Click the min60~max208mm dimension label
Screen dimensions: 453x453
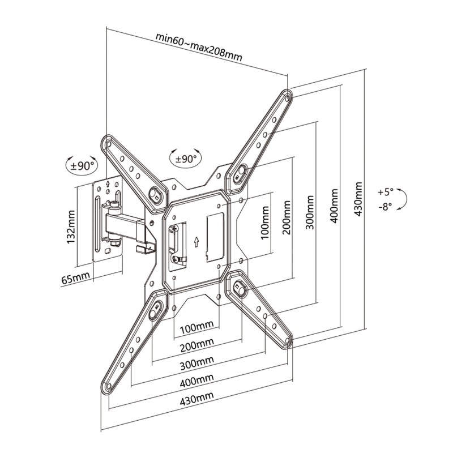tap(199, 47)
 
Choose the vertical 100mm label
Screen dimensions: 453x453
tap(264, 224)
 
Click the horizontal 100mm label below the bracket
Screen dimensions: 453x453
tap(196, 327)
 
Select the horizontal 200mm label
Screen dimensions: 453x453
tap(196, 344)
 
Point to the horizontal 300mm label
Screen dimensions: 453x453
tap(196, 361)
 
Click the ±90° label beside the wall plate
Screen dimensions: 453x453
tap(81, 166)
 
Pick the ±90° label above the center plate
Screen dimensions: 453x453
tap(185, 159)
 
